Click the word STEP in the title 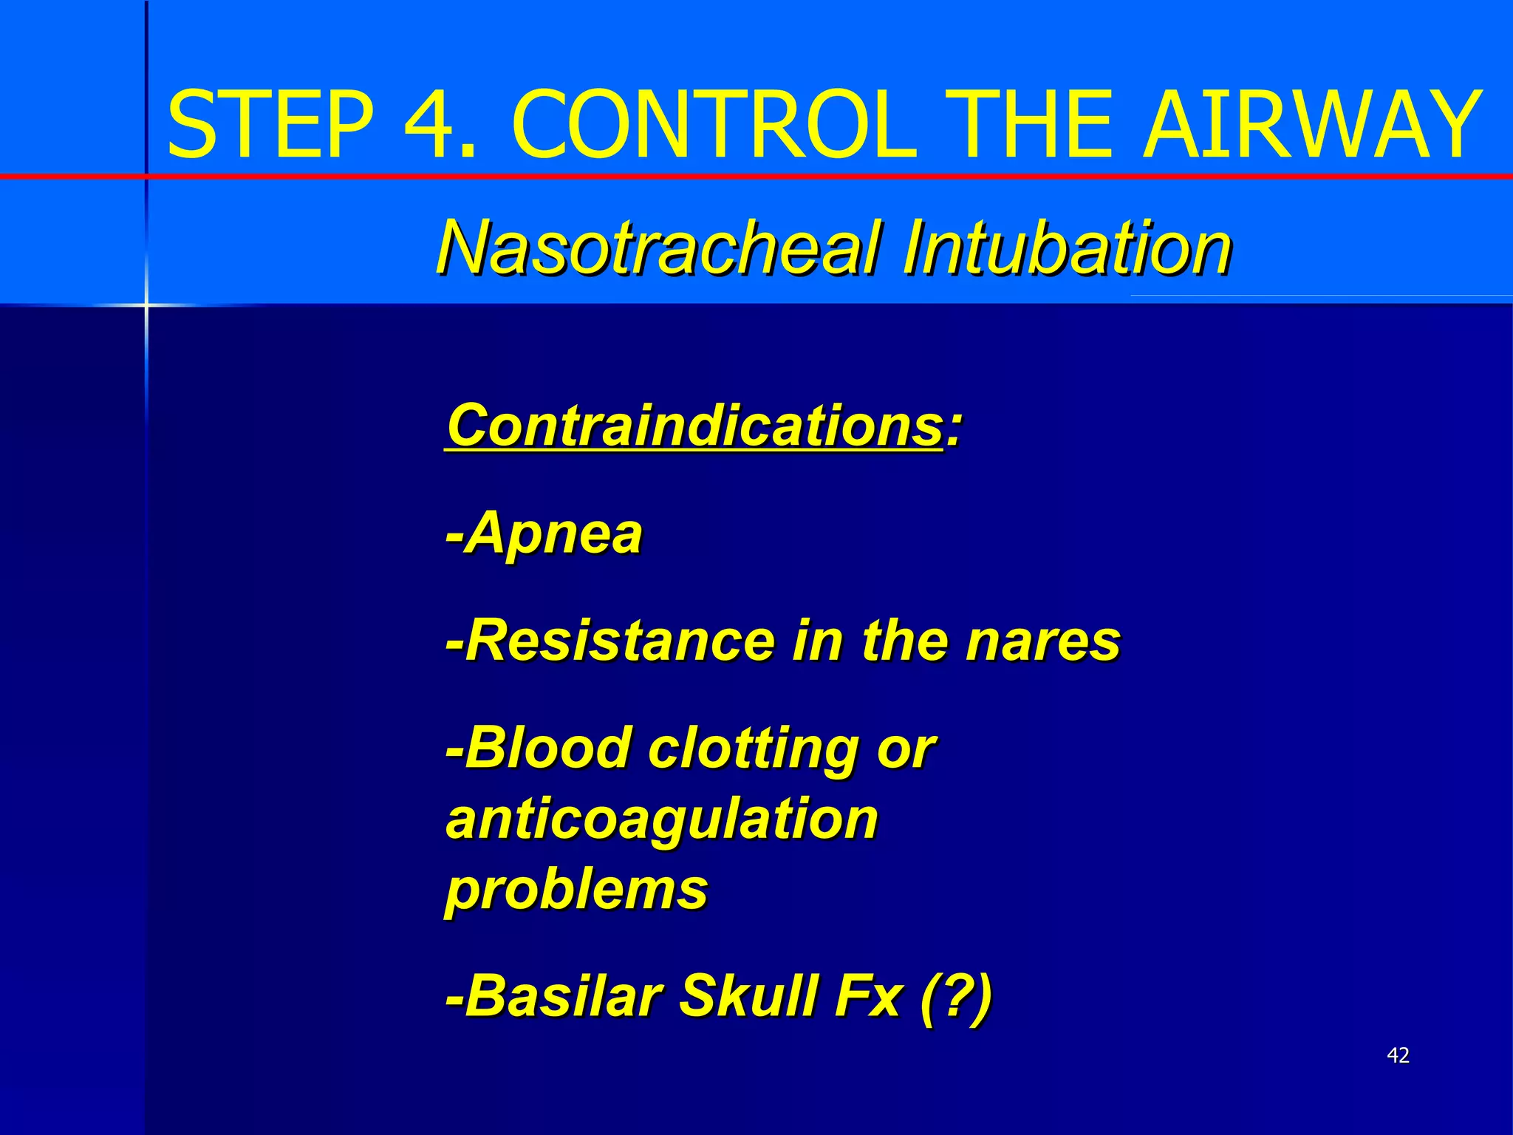(270, 124)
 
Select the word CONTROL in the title (713, 124)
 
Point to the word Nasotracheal (658, 248)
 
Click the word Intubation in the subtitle (1066, 248)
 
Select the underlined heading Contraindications (694, 426)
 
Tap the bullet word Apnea (554, 533)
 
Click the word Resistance (620, 640)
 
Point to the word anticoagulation (662, 819)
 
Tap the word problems (577, 890)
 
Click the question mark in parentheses (956, 996)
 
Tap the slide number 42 (1398, 1055)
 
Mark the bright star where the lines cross (146, 304)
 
